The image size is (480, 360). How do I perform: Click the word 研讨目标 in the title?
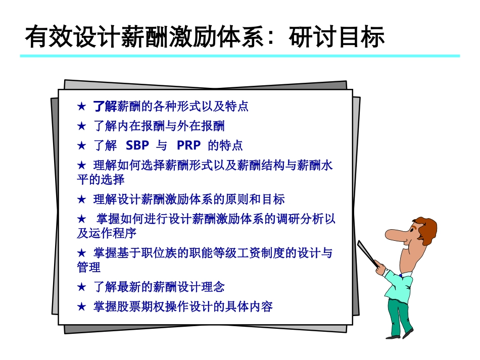click(337, 37)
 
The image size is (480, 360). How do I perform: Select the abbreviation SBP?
click(137, 146)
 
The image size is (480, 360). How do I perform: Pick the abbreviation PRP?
click(188, 146)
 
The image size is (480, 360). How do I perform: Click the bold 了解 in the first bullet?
click(105, 107)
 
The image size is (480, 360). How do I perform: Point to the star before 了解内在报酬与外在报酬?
click(82, 126)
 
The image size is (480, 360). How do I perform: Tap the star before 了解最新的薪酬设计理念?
click(82, 287)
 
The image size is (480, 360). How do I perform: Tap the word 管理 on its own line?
click(88, 267)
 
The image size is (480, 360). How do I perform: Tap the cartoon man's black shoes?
click(399, 334)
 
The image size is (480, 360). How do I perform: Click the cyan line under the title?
click(240, 56)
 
